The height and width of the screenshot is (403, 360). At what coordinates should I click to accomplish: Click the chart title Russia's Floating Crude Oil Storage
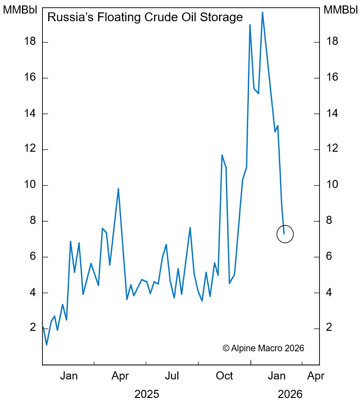tap(145, 17)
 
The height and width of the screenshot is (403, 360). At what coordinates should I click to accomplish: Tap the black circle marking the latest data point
tap(285, 234)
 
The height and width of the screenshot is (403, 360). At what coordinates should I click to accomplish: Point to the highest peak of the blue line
tap(262, 12)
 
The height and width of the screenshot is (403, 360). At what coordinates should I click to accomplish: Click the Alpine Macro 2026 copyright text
tap(264, 348)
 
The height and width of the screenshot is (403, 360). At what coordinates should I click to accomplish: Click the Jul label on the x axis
tap(172, 376)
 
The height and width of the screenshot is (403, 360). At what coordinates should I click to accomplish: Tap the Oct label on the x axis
tap(224, 376)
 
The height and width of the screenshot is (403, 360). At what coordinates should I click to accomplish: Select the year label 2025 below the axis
tap(147, 395)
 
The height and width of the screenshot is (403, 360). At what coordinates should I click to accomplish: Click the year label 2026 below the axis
tap(290, 395)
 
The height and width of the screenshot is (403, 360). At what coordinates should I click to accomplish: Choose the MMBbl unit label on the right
tap(341, 10)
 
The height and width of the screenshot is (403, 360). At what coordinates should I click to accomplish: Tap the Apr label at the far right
tap(315, 376)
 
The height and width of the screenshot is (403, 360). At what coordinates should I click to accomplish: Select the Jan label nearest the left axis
tap(69, 376)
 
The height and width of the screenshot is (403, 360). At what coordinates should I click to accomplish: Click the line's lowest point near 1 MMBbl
tap(47, 344)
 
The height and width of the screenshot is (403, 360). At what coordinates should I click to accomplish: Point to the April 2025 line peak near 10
tap(118, 189)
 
